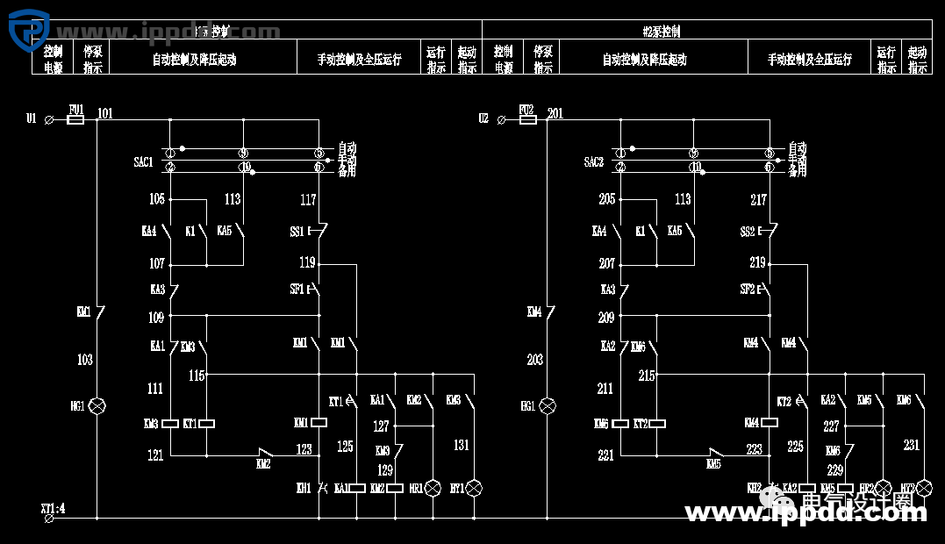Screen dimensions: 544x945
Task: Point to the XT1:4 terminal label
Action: pyautogui.click(x=53, y=508)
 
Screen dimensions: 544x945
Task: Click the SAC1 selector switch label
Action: pyautogui.click(x=143, y=162)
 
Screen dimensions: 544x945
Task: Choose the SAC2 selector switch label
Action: pyautogui.click(x=593, y=162)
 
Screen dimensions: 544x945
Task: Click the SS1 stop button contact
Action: pyautogui.click(x=319, y=232)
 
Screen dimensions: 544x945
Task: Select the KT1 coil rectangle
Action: pyautogui.click(x=207, y=424)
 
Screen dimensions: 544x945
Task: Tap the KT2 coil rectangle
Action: pyautogui.click(x=657, y=424)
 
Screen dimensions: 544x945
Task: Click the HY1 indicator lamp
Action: pyautogui.click(x=475, y=488)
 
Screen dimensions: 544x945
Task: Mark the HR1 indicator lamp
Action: pyautogui.click(x=432, y=488)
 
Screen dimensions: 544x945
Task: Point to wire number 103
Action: pyautogui.click(x=85, y=360)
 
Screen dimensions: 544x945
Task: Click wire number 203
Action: pyautogui.click(x=534, y=360)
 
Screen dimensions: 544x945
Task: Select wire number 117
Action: pyautogui.click(x=308, y=200)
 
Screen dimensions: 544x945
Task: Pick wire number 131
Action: pyautogui.click(x=462, y=446)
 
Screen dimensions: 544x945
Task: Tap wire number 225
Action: pyautogui.click(x=795, y=447)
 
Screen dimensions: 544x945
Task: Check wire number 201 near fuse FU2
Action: pyautogui.click(x=555, y=114)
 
